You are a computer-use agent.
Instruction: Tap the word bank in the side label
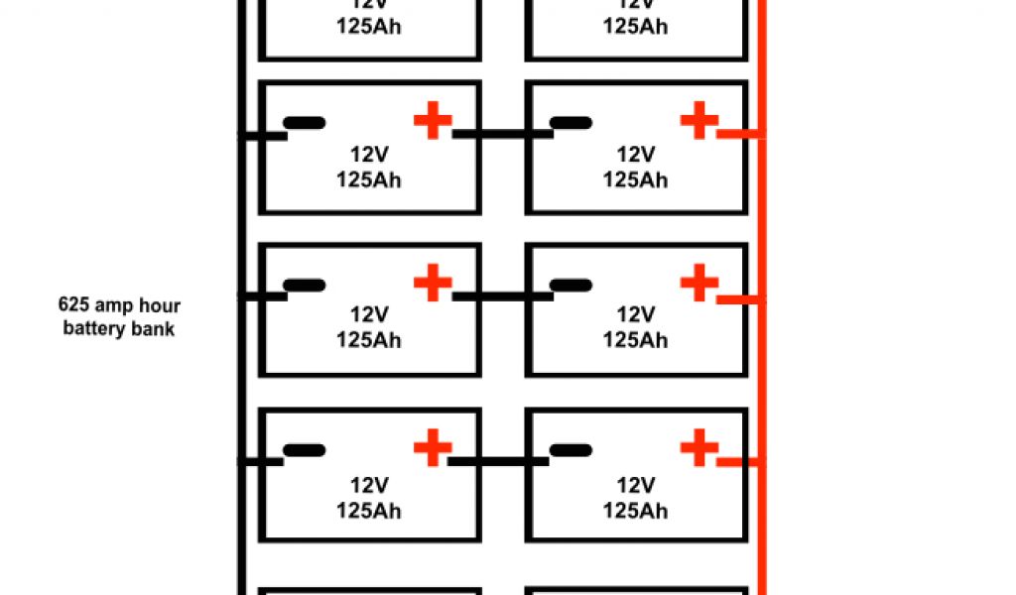point(155,328)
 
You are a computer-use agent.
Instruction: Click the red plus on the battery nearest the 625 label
point(432,284)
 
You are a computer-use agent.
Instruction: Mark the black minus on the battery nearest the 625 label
point(304,286)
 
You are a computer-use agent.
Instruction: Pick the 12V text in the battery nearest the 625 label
point(368,315)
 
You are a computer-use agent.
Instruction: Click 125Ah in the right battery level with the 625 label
point(635,340)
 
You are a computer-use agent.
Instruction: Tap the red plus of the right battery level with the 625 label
point(699,284)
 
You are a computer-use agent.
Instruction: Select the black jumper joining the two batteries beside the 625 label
point(502,297)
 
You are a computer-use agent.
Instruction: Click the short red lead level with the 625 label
point(739,298)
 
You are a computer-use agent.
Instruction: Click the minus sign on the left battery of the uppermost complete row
point(304,124)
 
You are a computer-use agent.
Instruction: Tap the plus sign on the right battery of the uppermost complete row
point(699,121)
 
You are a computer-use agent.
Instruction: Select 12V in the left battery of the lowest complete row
point(368,485)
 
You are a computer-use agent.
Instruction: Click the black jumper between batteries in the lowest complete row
point(502,461)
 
